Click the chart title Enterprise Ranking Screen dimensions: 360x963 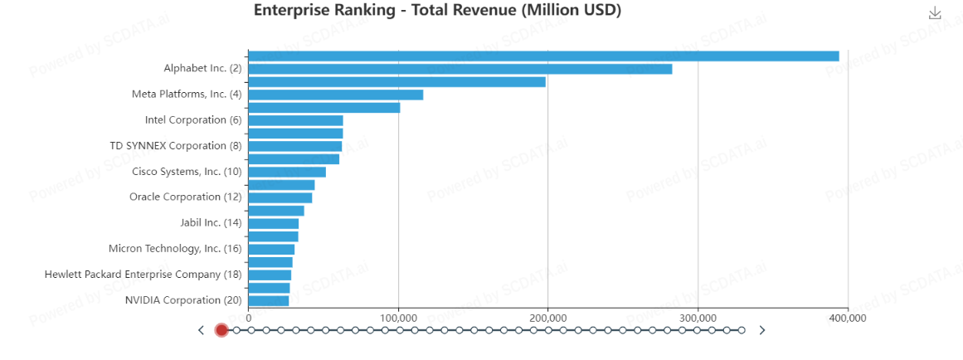pyautogui.click(x=437, y=11)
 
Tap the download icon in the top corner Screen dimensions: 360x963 pyautogui.click(x=935, y=13)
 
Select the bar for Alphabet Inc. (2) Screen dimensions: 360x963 pyautogui.click(x=460, y=69)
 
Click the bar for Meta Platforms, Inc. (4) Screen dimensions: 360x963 pyautogui.click(x=335, y=95)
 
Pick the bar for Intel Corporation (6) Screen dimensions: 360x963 pyautogui.click(x=295, y=120)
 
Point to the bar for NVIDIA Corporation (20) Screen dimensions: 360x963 pyautogui.click(x=268, y=300)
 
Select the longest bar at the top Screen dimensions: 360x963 pyautogui.click(x=543, y=56)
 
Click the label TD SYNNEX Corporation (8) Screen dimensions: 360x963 pyautogui.click(x=175, y=146)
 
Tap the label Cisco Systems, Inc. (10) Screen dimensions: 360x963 pyautogui.click(x=187, y=172)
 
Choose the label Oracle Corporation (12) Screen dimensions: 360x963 pyautogui.click(x=185, y=197)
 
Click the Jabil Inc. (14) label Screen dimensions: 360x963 pyautogui.click(x=211, y=223)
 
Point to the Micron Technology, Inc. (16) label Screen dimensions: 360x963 pyautogui.click(x=175, y=249)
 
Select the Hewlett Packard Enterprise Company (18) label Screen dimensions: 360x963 pyautogui.click(x=143, y=275)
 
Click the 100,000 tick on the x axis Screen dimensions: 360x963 pyautogui.click(x=398, y=318)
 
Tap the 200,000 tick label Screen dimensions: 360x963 pyautogui.click(x=547, y=318)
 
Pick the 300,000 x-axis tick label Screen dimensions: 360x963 pyautogui.click(x=698, y=318)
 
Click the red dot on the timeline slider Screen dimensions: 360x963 pyautogui.click(x=221, y=330)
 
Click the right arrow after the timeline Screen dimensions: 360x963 pyautogui.click(x=762, y=330)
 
